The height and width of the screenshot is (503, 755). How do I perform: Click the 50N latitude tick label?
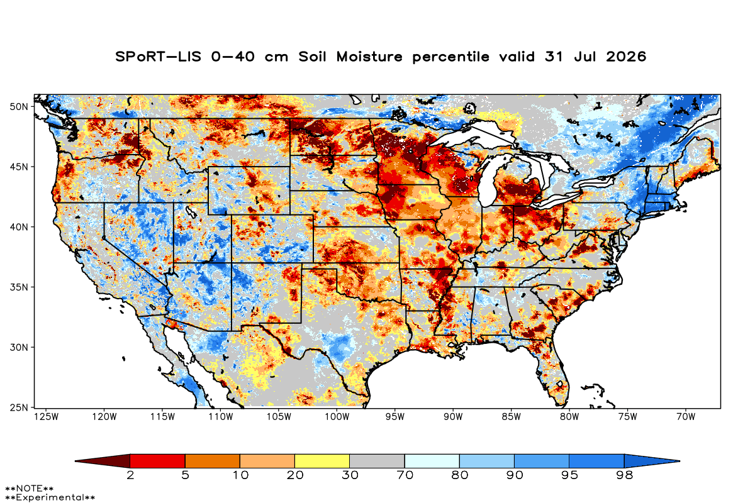click(19, 107)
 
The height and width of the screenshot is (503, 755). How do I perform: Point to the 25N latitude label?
click(19, 407)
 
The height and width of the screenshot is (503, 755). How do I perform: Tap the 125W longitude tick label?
click(47, 417)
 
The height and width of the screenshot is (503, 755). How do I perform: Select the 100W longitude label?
click(337, 417)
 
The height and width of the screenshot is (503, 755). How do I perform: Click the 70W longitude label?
click(686, 417)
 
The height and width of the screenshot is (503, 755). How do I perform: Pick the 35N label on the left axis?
click(19, 287)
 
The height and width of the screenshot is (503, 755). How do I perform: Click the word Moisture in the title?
click(369, 57)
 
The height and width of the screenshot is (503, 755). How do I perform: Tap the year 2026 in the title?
click(626, 57)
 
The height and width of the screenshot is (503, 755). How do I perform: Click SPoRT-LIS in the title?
click(158, 57)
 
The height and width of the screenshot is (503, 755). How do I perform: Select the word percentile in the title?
click(450, 57)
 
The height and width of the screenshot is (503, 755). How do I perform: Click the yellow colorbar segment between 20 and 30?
click(322, 461)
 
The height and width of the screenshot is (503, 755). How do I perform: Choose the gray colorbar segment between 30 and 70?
click(377, 461)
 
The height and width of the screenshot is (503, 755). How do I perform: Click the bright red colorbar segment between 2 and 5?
click(157, 461)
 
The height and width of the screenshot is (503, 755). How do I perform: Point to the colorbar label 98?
click(624, 475)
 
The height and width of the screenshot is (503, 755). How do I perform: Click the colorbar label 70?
click(405, 475)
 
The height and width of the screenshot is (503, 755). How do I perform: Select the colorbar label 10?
click(240, 475)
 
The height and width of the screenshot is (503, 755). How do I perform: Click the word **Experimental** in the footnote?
click(50, 497)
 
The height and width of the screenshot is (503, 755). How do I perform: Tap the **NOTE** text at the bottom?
click(30, 488)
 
